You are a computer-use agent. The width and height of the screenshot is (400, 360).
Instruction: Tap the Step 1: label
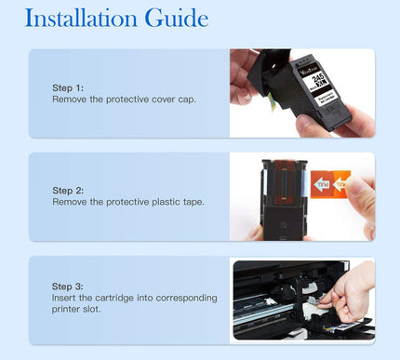pyautogui.click(x=68, y=87)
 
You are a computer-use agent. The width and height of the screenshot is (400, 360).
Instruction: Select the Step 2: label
pyautogui.click(x=68, y=191)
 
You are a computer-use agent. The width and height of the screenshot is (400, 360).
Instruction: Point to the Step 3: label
pyautogui.click(x=68, y=287)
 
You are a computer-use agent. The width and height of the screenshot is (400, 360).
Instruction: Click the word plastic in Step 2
pyautogui.click(x=157, y=202)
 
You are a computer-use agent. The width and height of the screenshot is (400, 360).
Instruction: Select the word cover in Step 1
pyautogui.click(x=148, y=99)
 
